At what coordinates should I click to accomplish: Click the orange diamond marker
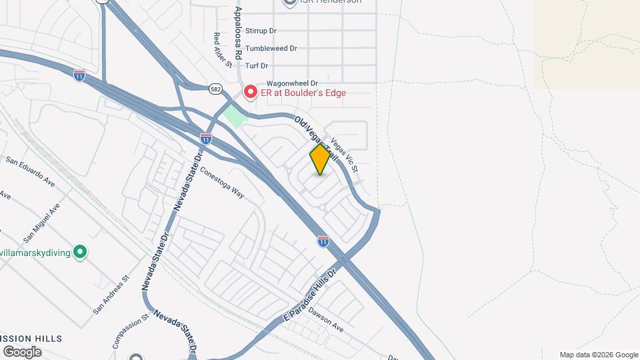point(320,159)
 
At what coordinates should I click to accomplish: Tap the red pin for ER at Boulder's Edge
point(251,92)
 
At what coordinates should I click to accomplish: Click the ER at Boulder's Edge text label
point(303,93)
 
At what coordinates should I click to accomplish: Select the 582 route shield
point(215,88)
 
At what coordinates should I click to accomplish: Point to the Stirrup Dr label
point(261,31)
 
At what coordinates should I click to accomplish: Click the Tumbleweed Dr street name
point(271,49)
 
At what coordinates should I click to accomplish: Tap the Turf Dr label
point(256,66)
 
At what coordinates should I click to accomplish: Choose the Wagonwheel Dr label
point(273,83)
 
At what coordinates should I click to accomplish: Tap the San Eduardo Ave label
point(30,169)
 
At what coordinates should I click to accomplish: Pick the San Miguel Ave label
point(41,223)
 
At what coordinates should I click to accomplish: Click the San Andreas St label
point(111,295)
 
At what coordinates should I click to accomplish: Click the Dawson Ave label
point(326,323)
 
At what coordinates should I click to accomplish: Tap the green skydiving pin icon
point(80,252)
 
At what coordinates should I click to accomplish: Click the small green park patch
point(234,115)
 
